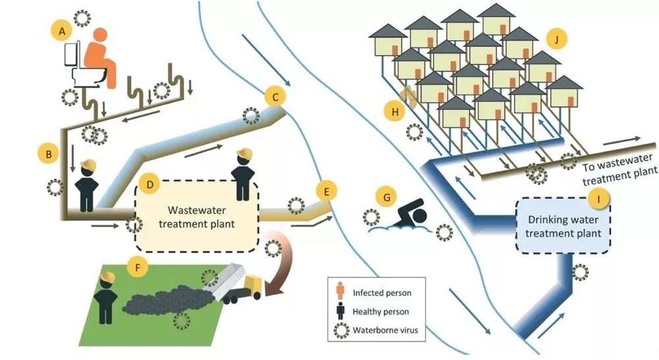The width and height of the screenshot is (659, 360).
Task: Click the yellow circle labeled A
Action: pos(62,30)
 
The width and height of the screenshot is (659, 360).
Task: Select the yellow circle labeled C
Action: pos(276,97)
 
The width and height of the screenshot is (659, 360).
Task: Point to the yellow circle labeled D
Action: pos(150,185)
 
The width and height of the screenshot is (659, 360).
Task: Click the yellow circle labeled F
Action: pos(138,268)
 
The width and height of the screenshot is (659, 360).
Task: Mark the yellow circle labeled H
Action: pos(395,112)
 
